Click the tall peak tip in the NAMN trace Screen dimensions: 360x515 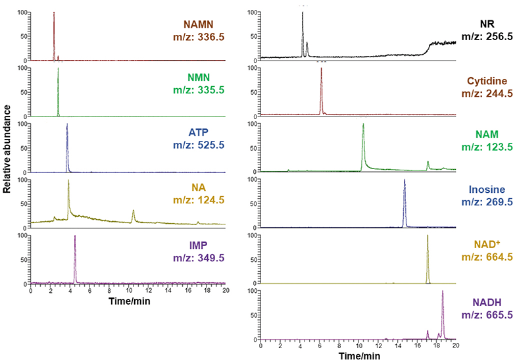pos(54,13)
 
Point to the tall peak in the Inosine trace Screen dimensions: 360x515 pos(405,180)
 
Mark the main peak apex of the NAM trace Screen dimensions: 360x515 pos(363,124)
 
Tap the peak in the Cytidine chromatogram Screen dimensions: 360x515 pos(321,69)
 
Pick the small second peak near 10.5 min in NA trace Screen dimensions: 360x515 pos(134,211)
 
